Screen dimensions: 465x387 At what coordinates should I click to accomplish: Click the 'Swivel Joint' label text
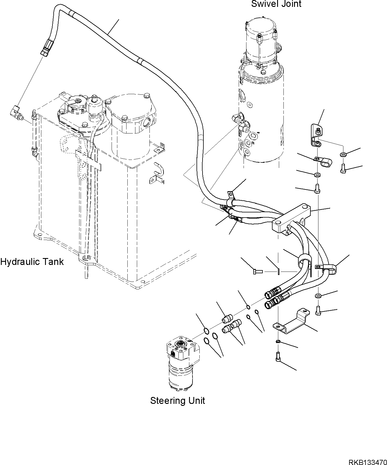[x=276, y=4]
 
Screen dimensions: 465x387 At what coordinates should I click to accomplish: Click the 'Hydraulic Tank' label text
[x=32, y=262]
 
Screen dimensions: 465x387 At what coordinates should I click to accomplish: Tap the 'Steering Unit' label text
[x=177, y=400]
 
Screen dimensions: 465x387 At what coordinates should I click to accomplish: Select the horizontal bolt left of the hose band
[x=258, y=271]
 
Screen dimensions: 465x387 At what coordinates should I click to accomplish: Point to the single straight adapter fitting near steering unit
[x=228, y=319]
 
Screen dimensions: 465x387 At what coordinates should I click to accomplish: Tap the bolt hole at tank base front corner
[x=85, y=259]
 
